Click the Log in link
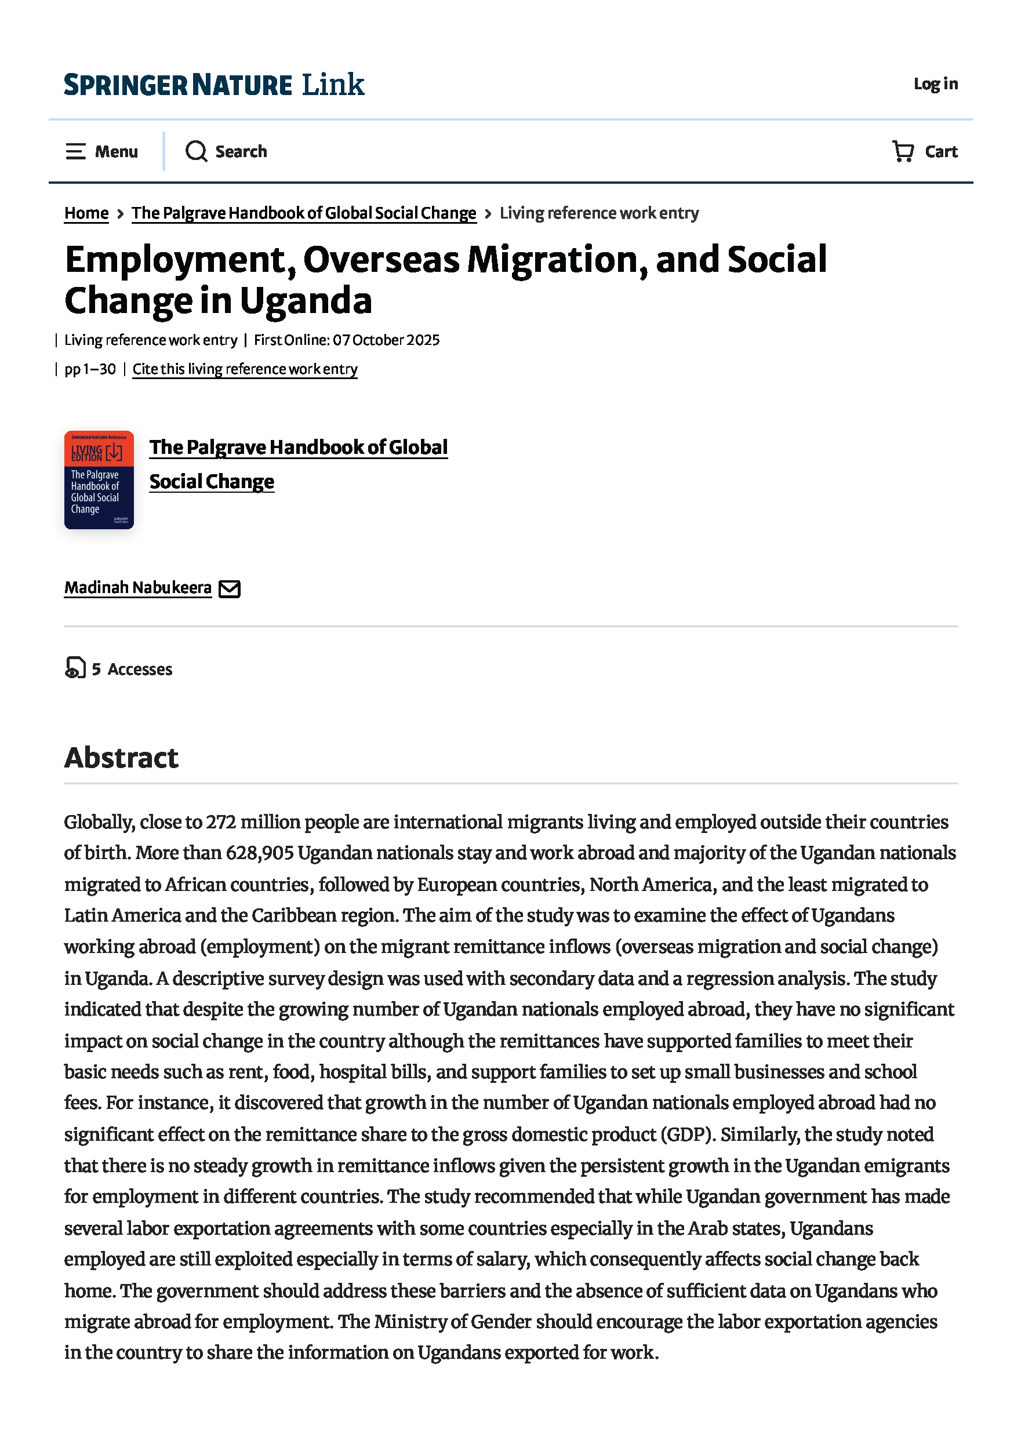pyautogui.click(x=935, y=83)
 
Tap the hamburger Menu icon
pyautogui.click(x=75, y=151)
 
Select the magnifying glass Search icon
pyautogui.click(x=195, y=151)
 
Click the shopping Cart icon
pyautogui.click(x=903, y=151)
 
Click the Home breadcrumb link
pyautogui.click(x=86, y=213)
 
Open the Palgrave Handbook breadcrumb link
pyautogui.click(x=303, y=213)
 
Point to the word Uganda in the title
pyautogui.click(x=306, y=301)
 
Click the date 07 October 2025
pyautogui.click(x=386, y=340)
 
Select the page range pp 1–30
pyautogui.click(x=90, y=369)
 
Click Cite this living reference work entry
pyautogui.click(x=245, y=369)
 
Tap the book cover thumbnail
pyautogui.click(x=99, y=480)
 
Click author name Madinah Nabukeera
pyautogui.click(x=138, y=587)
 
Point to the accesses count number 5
pyautogui.click(x=96, y=669)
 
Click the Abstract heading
pyautogui.click(x=121, y=757)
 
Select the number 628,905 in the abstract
pyautogui.click(x=260, y=853)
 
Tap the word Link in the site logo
pyautogui.click(x=333, y=84)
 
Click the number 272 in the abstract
pyautogui.click(x=221, y=822)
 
